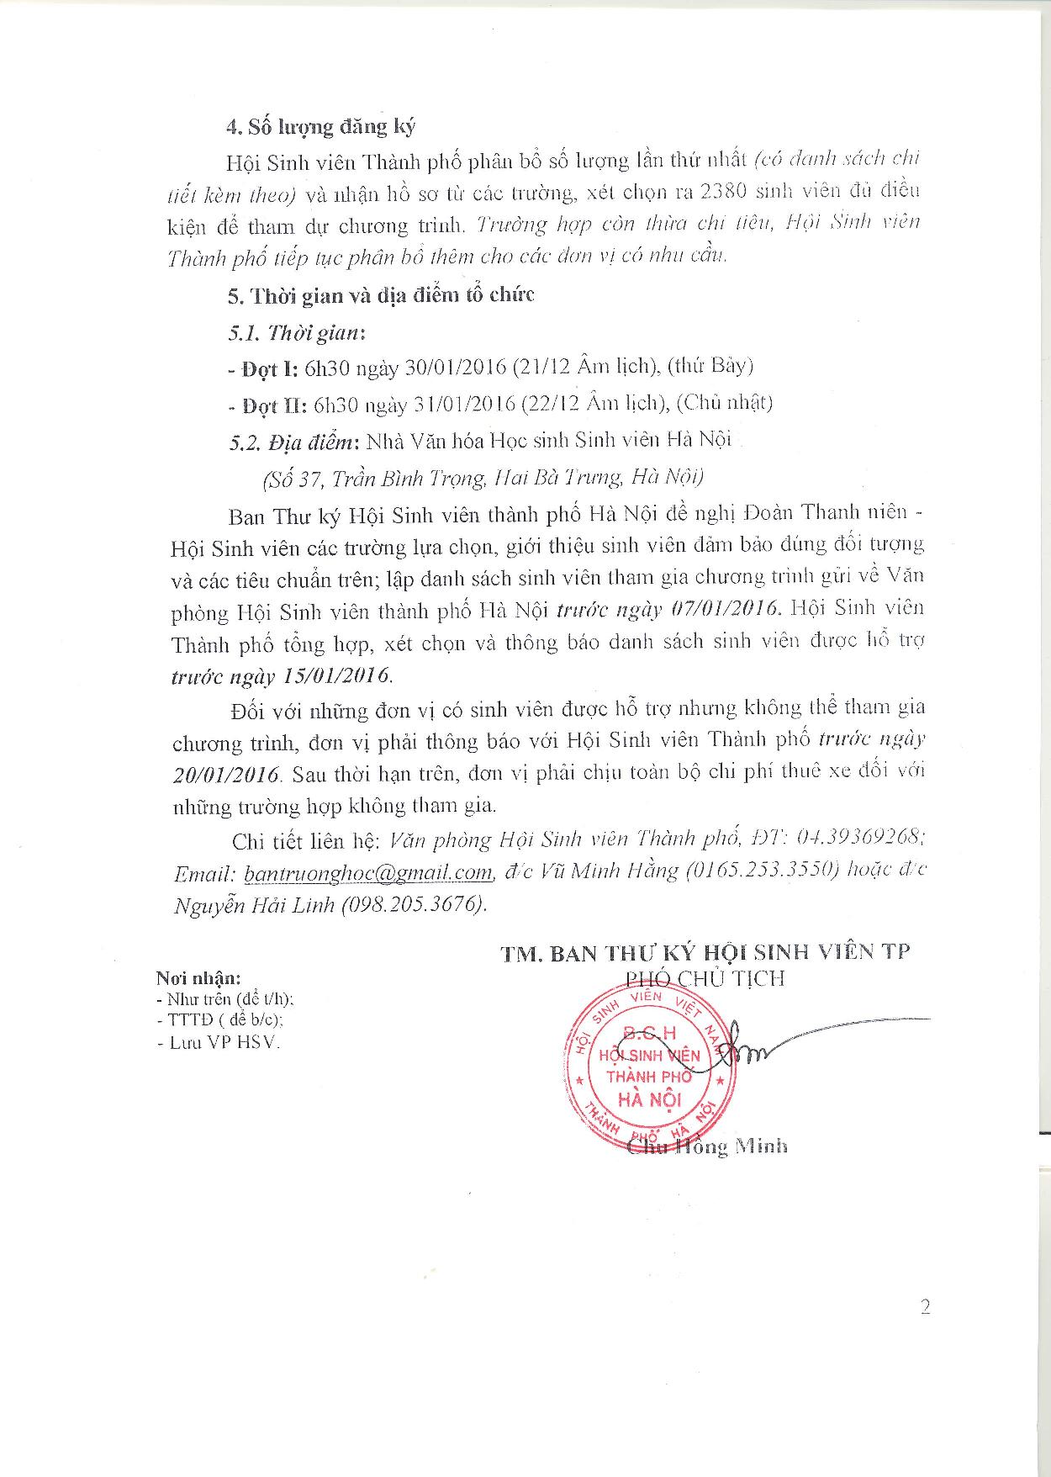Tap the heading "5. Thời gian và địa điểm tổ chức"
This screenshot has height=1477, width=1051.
(x=381, y=295)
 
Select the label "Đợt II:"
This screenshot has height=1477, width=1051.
(x=267, y=405)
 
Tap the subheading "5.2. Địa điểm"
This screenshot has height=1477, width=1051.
(x=293, y=440)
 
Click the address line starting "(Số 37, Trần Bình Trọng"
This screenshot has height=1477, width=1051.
(x=483, y=478)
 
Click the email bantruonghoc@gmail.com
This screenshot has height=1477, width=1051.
(x=367, y=872)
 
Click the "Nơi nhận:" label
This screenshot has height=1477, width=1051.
(x=198, y=978)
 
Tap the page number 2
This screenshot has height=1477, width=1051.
(x=925, y=1307)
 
